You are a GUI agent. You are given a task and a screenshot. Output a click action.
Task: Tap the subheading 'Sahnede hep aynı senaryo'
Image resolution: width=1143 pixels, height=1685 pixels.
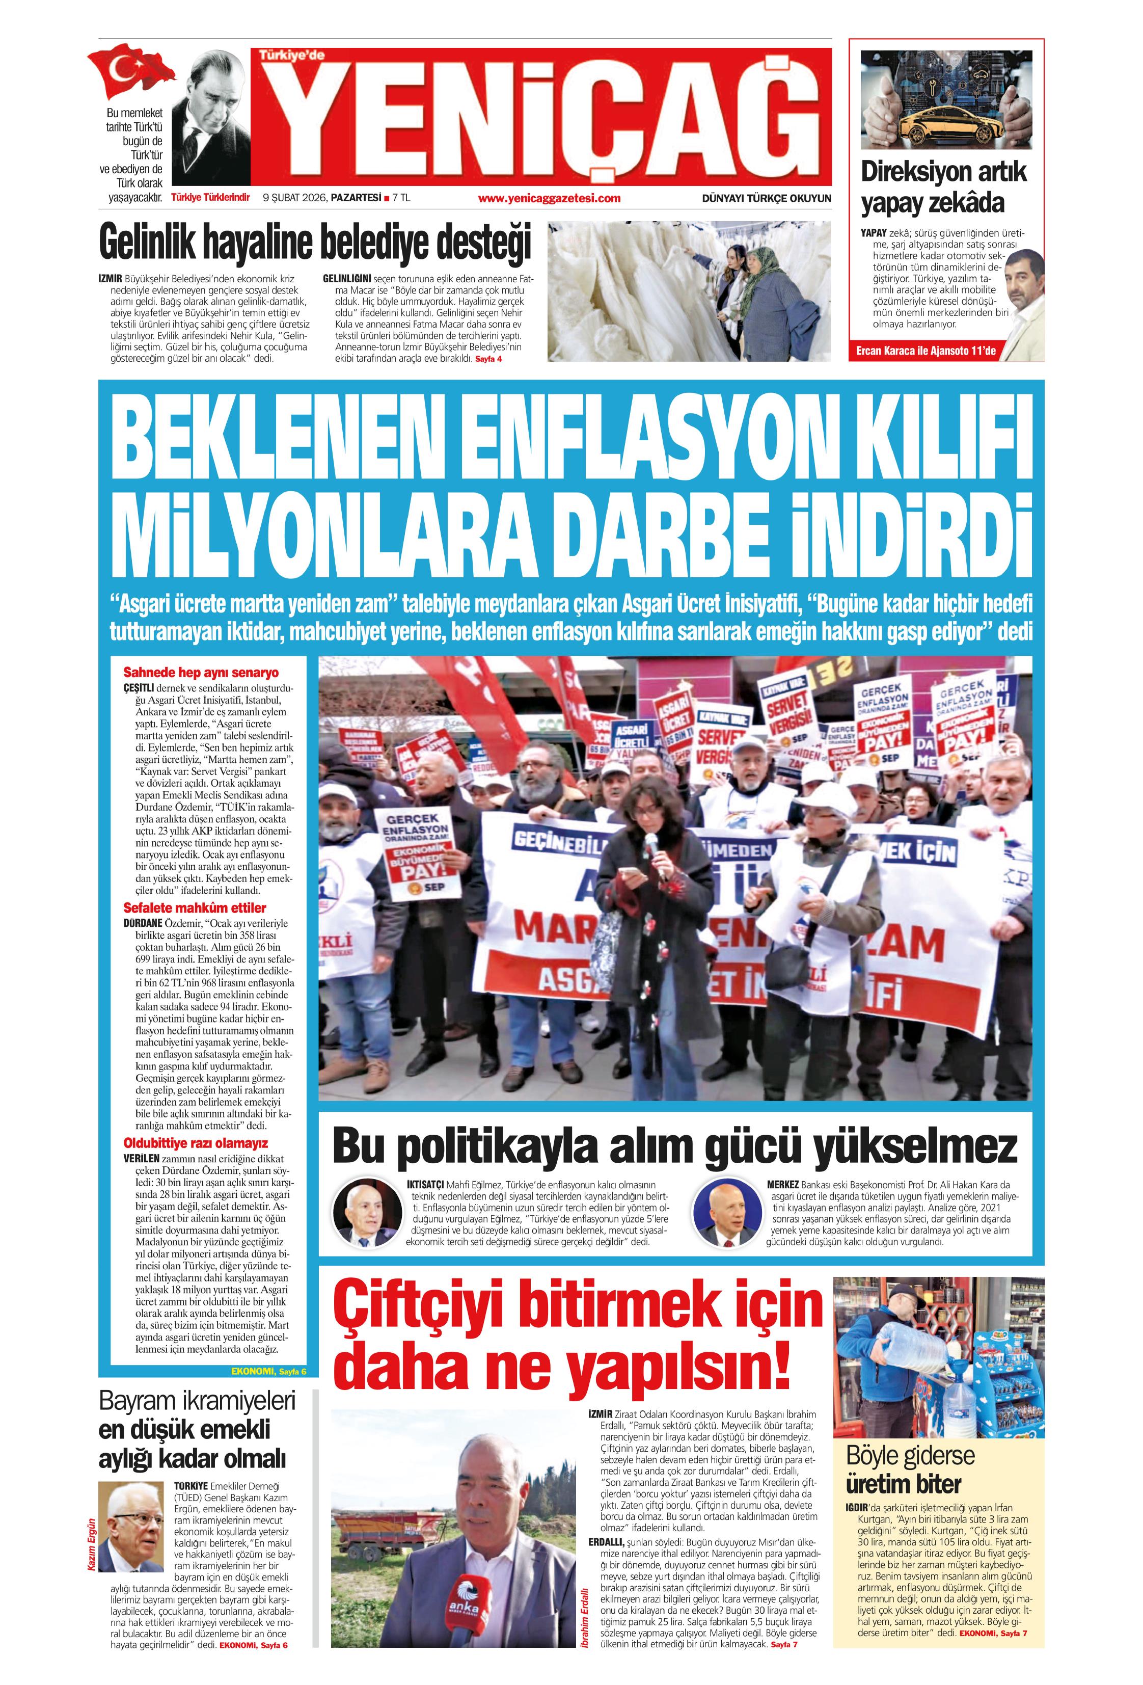coord(201,672)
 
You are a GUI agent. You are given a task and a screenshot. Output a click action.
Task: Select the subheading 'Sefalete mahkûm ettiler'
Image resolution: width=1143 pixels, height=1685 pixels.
coord(194,908)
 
